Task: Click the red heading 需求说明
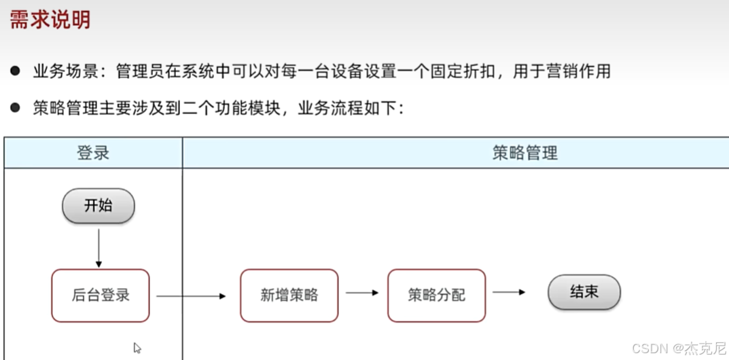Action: tap(50, 20)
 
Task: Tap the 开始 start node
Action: tap(99, 206)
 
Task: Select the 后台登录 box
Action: tap(101, 295)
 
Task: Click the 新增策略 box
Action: tap(289, 295)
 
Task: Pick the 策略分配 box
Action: tap(437, 295)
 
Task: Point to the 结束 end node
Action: tap(584, 293)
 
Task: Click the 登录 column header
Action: tap(93, 153)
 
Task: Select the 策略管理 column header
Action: tap(524, 153)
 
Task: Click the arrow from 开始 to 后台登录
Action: tap(99, 247)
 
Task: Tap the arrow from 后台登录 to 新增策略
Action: tap(191, 295)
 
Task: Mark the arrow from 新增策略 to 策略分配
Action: tap(362, 293)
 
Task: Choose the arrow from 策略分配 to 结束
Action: tap(509, 292)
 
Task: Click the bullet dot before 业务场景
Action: tap(15, 71)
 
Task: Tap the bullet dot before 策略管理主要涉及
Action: tap(15, 108)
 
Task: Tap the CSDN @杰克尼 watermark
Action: tap(679, 348)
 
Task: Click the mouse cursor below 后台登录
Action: tap(137, 347)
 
